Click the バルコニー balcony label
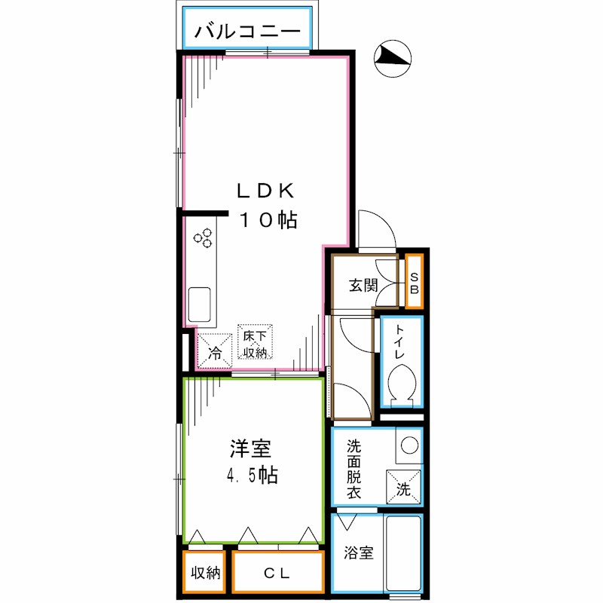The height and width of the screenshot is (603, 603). [x=247, y=31]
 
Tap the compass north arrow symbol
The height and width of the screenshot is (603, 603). [x=393, y=59]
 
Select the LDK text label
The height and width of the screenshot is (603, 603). [x=265, y=191]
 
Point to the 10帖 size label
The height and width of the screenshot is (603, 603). [x=268, y=220]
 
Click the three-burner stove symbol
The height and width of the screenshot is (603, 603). [x=203, y=237]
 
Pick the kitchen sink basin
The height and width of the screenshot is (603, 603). [x=199, y=305]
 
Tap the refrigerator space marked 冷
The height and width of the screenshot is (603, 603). [x=215, y=350]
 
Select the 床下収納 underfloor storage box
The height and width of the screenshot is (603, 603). [x=255, y=342]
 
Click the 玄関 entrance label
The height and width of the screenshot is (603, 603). [x=363, y=286]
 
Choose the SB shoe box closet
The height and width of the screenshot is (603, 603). [x=414, y=281]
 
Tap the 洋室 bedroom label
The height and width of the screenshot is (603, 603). [x=250, y=448]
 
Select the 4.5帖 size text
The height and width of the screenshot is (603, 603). [x=252, y=476]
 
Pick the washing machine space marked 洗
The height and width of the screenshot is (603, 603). [x=403, y=486]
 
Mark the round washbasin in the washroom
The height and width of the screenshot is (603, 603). [x=409, y=445]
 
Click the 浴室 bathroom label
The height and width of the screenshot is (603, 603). [x=359, y=552]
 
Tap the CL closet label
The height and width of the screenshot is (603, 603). [x=277, y=574]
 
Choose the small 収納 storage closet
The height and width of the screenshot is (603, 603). [x=204, y=572]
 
